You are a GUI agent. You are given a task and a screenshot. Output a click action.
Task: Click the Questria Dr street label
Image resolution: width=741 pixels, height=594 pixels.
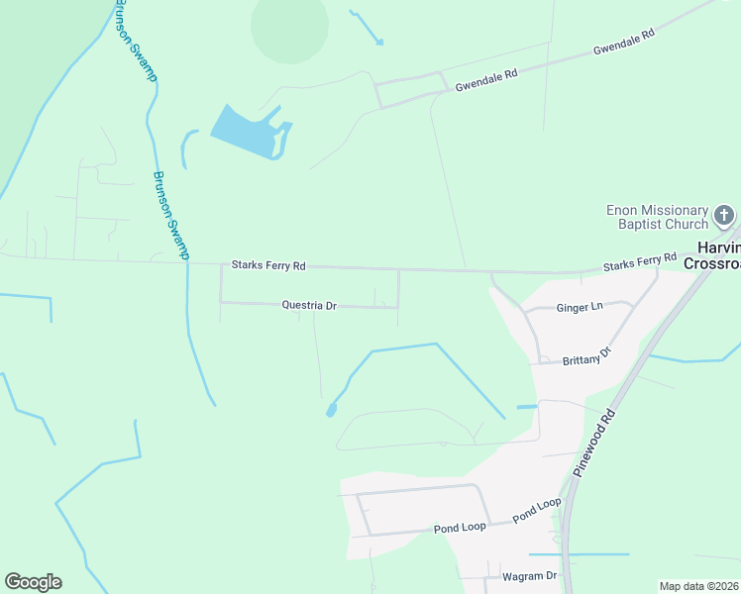(309, 306)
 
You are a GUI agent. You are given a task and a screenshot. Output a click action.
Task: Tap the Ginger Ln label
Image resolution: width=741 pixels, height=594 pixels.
(579, 307)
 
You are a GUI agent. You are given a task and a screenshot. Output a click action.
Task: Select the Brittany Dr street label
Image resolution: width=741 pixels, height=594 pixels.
(586, 356)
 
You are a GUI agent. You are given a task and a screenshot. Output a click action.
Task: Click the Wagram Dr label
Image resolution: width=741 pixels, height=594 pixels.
(530, 576)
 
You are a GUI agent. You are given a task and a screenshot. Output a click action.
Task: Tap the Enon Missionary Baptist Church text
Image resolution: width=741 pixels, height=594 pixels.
(658, 217)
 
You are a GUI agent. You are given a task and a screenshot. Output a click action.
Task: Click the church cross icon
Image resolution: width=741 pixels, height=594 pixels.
(724, 216)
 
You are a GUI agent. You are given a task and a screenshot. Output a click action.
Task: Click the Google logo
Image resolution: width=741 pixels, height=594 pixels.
(33, 582)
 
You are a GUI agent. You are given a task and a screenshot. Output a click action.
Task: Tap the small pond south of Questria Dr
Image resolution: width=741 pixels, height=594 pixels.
(331, 409)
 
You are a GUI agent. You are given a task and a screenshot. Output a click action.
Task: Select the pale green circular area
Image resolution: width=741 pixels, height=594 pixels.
(289, 26)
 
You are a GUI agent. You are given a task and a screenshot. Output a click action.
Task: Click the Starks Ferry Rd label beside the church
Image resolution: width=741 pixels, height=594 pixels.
(645, 262)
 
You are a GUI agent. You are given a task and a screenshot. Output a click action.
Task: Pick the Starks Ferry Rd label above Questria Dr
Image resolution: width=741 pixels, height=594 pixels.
(268, 265)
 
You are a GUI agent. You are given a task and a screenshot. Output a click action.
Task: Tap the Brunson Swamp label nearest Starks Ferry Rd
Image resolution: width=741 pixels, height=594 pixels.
(170, 215)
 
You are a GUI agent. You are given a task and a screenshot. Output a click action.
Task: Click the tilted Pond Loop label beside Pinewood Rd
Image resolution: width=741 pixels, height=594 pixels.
(536, 511)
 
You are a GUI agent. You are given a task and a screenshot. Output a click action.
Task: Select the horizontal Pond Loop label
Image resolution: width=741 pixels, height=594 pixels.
(460, 527)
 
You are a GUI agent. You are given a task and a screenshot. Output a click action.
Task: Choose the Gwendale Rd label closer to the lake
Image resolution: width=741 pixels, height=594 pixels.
(486, 80)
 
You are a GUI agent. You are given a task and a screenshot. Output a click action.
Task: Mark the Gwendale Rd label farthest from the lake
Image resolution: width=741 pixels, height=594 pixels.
(624, 41)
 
